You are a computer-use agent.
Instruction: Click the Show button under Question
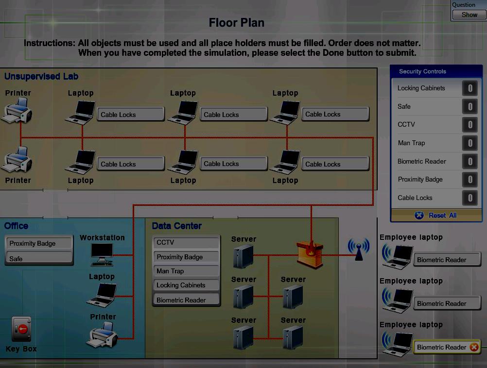(x=469, y=15)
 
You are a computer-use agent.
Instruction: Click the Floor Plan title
(x=237, y=23)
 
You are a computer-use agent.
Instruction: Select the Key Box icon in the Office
(x=21, y=330)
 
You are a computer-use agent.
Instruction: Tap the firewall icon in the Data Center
(x=310, y=253)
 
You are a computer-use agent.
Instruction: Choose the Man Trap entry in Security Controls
(x=411, y=143)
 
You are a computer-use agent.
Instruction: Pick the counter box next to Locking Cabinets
(x=470, y=88)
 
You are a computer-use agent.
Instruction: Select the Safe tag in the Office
(x=39, y=259)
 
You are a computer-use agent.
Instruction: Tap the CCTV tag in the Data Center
(x=186, y=243)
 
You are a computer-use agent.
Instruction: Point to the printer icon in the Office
(x=103, y=335)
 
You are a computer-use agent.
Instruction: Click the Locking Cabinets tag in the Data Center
(x=186, y=285)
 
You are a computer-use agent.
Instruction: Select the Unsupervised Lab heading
(x=41, y=77)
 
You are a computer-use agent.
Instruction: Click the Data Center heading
(x=176, y=226)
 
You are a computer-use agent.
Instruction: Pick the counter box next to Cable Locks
(x=470, y=198)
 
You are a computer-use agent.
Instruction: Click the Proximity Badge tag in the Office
(x=39, y=244)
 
